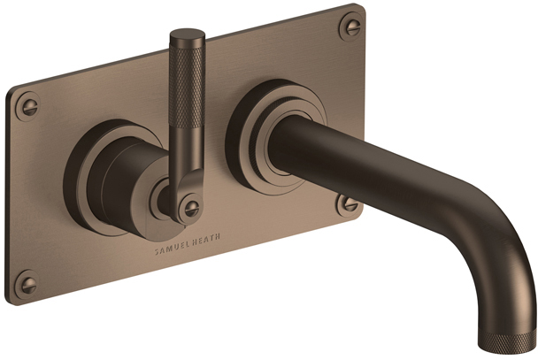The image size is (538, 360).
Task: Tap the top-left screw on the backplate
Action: [28, 106]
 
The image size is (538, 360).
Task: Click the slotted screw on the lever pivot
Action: [189, 208]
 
